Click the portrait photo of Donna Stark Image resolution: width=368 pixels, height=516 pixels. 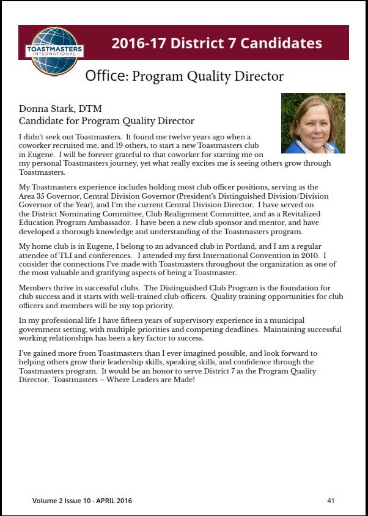tap(313, 123)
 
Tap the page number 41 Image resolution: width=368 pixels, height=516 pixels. tap(331, 501)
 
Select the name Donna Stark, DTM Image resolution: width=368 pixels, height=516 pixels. tap(57, 109)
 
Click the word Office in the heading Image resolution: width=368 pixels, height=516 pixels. tap(106, 76)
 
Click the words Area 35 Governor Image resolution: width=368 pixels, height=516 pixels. tap(50, 196)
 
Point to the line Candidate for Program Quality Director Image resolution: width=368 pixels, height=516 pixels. tap(106, 121)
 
